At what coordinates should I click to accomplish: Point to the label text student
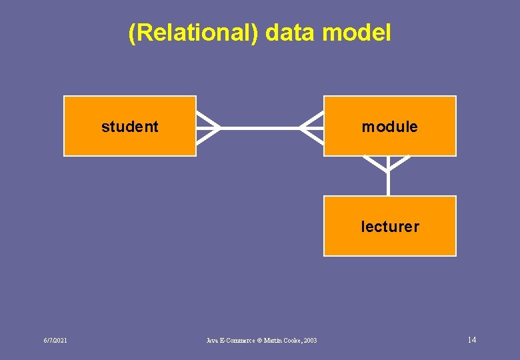pos(130,127)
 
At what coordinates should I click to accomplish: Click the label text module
pos(390,127)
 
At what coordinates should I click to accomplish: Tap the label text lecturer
pos(390,227)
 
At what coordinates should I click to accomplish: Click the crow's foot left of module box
pos(311,127)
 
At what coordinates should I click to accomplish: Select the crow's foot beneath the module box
pos(387,163)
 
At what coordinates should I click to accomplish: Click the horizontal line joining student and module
pos(260,127)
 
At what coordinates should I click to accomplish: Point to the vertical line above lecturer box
pos(388,183)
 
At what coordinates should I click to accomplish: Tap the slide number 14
pos(472,340)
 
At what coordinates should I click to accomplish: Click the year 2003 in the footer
pos(308,341)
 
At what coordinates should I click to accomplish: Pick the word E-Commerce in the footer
pos(232,341)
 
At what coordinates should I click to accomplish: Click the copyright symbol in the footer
pos(260,341)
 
